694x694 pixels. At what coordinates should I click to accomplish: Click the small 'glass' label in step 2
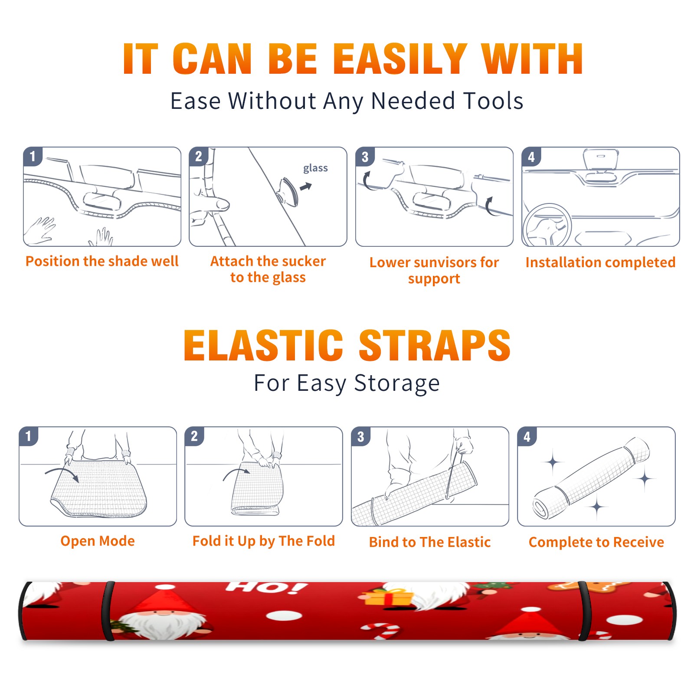(x=315, y=168)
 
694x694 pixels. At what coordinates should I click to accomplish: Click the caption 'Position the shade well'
(x=102, y=261)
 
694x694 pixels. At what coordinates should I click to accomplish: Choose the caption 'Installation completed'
(x=600, y=262)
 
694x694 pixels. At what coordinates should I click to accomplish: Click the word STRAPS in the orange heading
(x=435, y=345)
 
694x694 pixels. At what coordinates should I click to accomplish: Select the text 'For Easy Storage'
(x=347, y=383)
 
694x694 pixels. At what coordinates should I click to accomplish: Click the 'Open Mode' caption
(x=98, y=541)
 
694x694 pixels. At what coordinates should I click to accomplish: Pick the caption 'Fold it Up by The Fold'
(x=264, y=541)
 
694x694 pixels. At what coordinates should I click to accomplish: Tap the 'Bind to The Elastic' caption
(x=430, y=542)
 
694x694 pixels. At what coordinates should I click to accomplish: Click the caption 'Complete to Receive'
(x=596, y=542)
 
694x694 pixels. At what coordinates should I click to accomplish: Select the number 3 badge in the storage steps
(x=361, y=436)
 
